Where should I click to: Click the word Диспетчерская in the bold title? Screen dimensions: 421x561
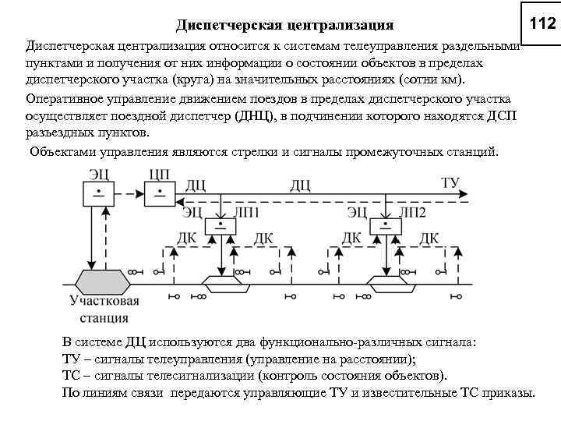tap(225, 26)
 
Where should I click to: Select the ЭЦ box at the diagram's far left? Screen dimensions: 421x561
tap(98, 193)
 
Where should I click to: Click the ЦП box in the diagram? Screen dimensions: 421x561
tap(159, 193)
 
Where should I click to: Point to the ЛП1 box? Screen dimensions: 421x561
tap(221, 226)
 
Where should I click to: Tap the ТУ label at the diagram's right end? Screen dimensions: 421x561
tap(450, 183)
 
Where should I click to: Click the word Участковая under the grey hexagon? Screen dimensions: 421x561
tap(104, 302)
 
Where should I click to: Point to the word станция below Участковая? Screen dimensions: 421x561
tap(104, 317)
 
